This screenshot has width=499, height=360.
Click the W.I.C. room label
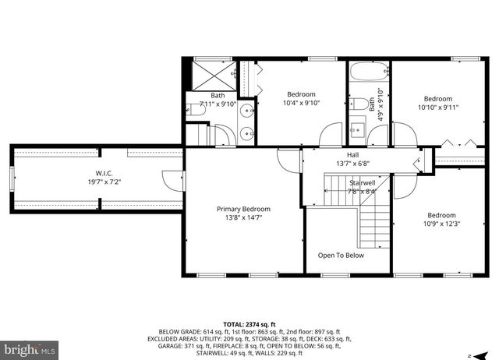(x=104, y=173)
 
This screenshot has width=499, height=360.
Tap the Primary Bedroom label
(x=243, y=209)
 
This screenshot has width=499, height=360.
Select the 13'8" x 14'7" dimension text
(x=243, y=218)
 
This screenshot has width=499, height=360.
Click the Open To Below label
(x=341, y=255)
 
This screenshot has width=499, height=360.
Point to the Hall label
(x=353, y=155)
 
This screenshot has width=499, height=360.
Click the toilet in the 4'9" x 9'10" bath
(x=362, y=103)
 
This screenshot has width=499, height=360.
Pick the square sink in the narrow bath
(x=357, y=128)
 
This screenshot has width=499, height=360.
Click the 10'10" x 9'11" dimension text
(x=437, y=108)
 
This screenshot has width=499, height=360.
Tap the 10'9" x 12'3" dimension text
(x=441, y=224)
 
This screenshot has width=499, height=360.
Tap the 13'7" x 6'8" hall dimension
(x=352, y=164)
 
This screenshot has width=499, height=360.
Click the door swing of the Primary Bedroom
(x=288, y=160)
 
